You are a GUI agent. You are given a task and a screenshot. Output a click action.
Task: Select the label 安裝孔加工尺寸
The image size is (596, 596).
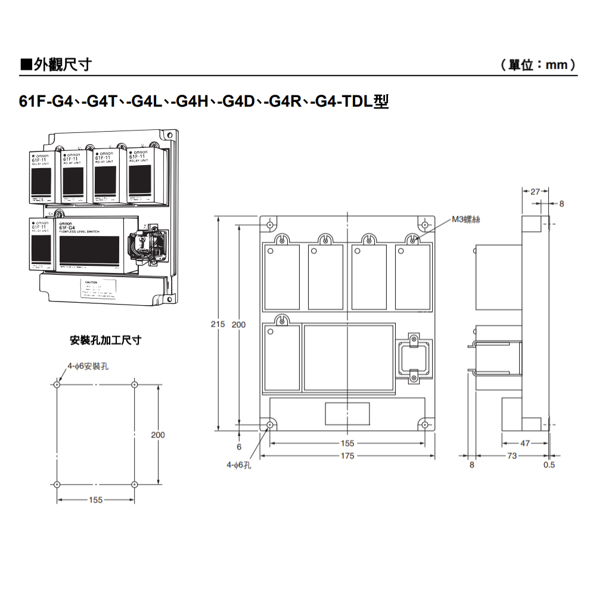105,341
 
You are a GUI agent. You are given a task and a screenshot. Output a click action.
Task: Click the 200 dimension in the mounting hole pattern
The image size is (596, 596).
157,435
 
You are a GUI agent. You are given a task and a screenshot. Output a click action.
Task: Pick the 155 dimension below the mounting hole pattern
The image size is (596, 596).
95,500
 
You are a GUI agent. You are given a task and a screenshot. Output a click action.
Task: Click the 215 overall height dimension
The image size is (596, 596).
218,324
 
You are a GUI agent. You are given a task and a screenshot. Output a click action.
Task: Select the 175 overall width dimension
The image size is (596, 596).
347,456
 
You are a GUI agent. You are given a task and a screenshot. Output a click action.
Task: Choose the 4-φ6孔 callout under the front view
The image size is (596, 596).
238,465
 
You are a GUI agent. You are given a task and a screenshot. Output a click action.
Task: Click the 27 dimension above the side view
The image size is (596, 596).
535,191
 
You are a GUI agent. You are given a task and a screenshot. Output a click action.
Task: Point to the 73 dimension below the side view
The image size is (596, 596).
512,456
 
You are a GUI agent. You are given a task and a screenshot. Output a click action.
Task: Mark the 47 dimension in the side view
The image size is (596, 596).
524,443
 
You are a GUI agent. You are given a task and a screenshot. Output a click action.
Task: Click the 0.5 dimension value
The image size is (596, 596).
549,465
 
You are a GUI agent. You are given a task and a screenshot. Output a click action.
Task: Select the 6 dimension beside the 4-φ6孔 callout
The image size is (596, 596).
239,446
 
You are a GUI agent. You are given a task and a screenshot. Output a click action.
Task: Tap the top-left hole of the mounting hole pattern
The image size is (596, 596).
57,384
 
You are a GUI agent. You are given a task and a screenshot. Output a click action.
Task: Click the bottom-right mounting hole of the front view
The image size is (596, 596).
424,424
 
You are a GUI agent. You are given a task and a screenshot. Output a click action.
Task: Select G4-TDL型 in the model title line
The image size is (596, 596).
352,102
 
